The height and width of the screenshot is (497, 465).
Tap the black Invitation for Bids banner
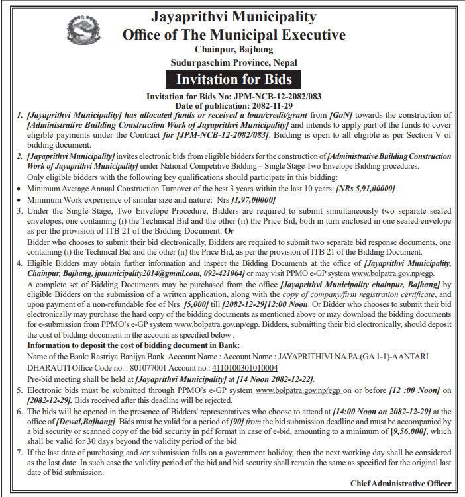[x=233, y=80]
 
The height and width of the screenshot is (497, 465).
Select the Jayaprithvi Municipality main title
[x=234, y=15]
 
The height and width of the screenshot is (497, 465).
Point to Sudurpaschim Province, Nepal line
[x=234, y=62]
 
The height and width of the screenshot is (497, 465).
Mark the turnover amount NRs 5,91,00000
[x=366, y=189]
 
